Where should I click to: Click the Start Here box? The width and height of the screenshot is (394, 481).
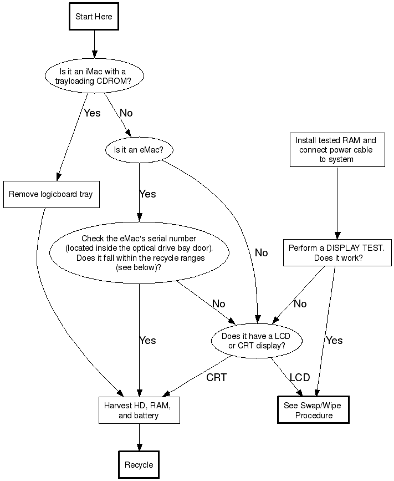tap(94, 17)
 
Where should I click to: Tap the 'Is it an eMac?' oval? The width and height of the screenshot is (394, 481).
tap(139, 150)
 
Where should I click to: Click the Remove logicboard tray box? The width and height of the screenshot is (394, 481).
tap(51, 194)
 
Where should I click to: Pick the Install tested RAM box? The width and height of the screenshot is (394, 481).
tap(337, 149)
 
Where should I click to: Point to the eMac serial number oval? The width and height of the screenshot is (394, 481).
tap(139, 253)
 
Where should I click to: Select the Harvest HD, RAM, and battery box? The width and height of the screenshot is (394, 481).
tap(139, 411)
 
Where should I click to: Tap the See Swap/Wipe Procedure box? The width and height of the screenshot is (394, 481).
tap(313, 411)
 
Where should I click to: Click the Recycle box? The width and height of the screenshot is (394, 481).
tap(139, 465)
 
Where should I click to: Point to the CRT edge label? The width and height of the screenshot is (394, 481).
tap(217, 378)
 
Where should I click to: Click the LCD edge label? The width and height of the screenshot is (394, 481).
tap(300, 378)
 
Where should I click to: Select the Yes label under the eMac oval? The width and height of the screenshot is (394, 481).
tap(147, 194)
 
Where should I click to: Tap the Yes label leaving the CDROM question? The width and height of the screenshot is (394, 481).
tap(92, 113)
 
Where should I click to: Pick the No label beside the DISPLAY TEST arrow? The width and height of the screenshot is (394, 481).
tap(300, 304)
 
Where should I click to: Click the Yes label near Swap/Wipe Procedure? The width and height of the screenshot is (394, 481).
tap(334, 341)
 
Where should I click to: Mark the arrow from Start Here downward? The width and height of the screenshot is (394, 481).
tap(94, 41)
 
